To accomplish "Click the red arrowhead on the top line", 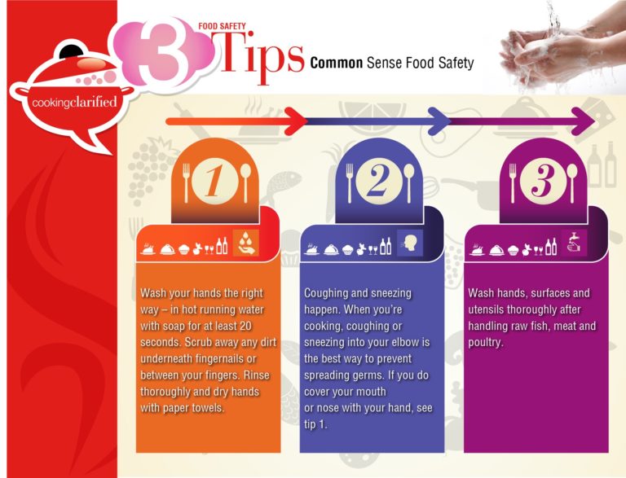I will tap(298, 123).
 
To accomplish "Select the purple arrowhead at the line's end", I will tap(586, 123).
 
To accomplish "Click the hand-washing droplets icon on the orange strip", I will tap(246, 243).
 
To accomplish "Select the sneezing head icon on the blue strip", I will tap(409, 243).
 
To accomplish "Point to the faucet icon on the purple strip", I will tap(573, 243).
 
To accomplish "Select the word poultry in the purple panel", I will tap(485, 342).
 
